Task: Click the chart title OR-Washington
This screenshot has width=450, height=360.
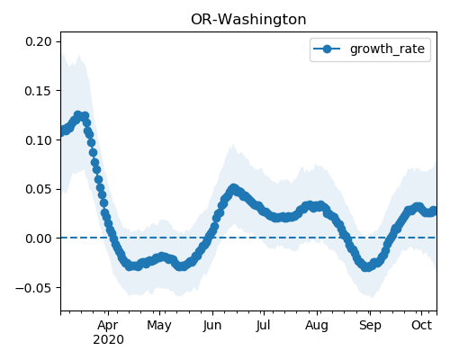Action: (x=248, y=20)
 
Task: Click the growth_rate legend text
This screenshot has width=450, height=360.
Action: (x=387, y=49)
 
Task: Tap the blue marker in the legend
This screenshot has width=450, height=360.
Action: (x=327, y=49)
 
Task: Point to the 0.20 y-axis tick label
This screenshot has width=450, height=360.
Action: (x=39, y=41)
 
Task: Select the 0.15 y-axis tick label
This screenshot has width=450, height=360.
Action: (x=39, y=91)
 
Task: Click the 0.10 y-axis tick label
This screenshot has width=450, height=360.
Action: (x=39, y=140)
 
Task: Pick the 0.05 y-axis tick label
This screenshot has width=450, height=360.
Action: (x=39, y=189)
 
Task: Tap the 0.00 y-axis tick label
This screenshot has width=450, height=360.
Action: (x=39, y=238)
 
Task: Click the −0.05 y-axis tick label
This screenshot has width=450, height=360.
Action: (x=34, y=288)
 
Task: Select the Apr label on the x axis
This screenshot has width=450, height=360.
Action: (x=108, y=325)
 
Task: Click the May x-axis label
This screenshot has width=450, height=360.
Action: (x=159, y=325)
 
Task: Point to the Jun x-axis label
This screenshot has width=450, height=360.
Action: (x=212, y=325)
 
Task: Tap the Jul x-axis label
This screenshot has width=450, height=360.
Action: (x=263, y=325)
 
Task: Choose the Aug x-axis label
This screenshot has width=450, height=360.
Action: (x=317, y=325)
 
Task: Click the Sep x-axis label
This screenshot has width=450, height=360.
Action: (x=370, y=325)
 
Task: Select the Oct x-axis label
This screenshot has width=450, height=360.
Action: (x=421, y=325)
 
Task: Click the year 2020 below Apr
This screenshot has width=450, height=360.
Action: (x=108, y=339)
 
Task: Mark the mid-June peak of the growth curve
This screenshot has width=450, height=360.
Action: (x=233, y=189)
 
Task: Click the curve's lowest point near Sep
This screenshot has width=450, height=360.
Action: (x=366, y=267)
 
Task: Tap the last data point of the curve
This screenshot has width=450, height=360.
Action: (x=433, y=211)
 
